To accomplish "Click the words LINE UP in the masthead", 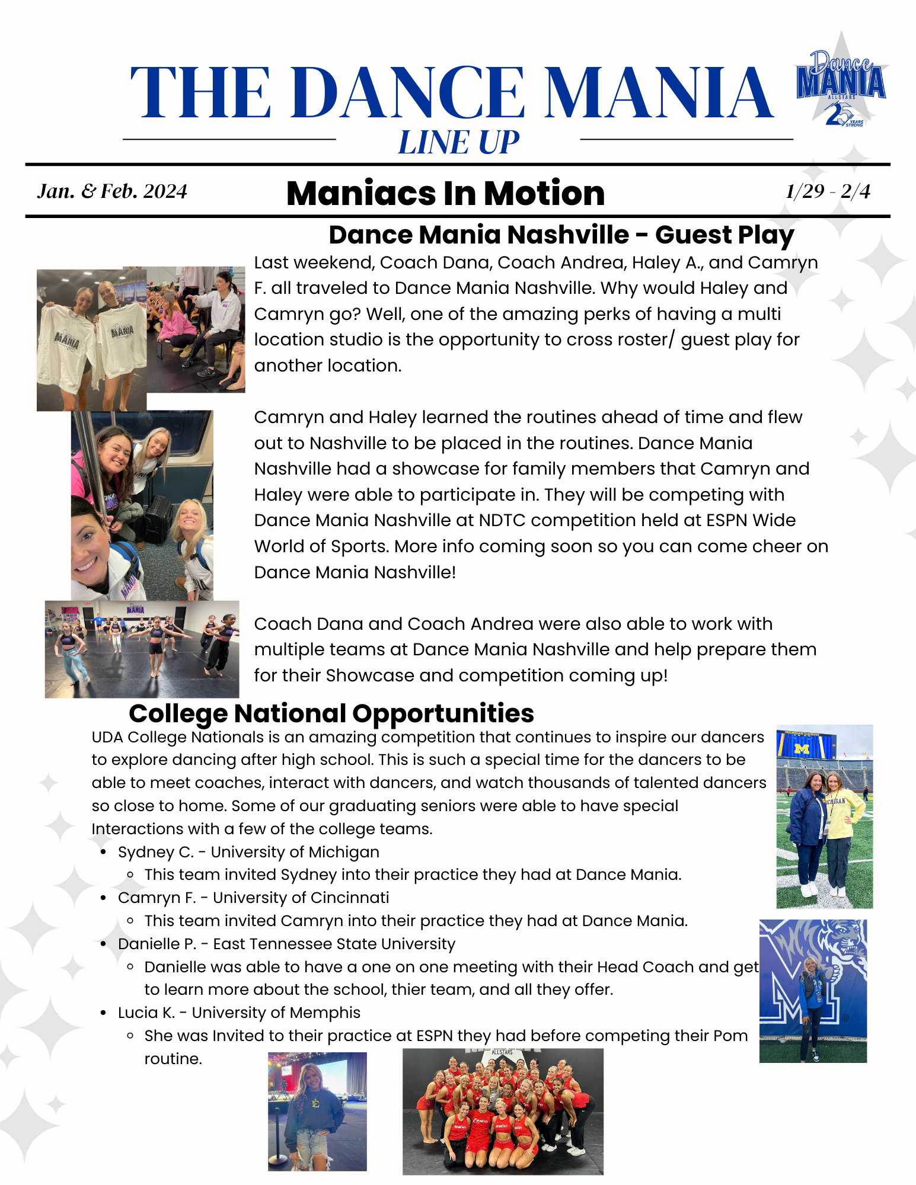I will tap(458, 143).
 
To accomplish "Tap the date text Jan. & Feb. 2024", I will tap(112, 191).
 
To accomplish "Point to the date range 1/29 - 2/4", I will tap(828, 191).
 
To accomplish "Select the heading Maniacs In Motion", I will tap(445, 193).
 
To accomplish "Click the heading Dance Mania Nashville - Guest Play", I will tap(561, 235).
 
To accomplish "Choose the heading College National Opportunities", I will tap(331, 713).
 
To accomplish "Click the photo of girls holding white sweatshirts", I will tap(91, 341).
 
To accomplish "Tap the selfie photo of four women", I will tap(142, 505).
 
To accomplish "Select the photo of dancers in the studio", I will tap(142, 649).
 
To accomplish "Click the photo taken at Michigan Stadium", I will tap(824, 816).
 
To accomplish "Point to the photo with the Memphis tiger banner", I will tap(813, 991).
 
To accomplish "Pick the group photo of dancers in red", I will tap(503, 1112).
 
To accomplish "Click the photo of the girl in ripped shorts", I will tap(317, 1112).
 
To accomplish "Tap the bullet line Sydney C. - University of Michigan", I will tap(248, 852).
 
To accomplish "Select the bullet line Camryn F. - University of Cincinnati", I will tap(253, 898).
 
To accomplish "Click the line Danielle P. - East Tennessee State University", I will tap(286, 944).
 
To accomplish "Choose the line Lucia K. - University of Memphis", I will tap(239, 1013).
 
